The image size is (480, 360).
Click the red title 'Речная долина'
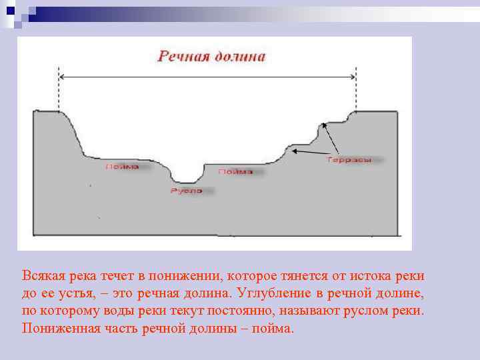[x=211, y=56]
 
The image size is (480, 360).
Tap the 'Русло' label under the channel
[x=186, y=191]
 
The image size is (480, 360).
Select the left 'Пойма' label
[x=122, y=167]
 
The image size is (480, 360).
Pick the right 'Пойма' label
[x=235, y=171]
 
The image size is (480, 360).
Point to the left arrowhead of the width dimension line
[x=62, y=77]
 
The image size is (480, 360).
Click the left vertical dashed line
[x=59, y=90]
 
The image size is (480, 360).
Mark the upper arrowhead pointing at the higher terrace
[x=323, y=125]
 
